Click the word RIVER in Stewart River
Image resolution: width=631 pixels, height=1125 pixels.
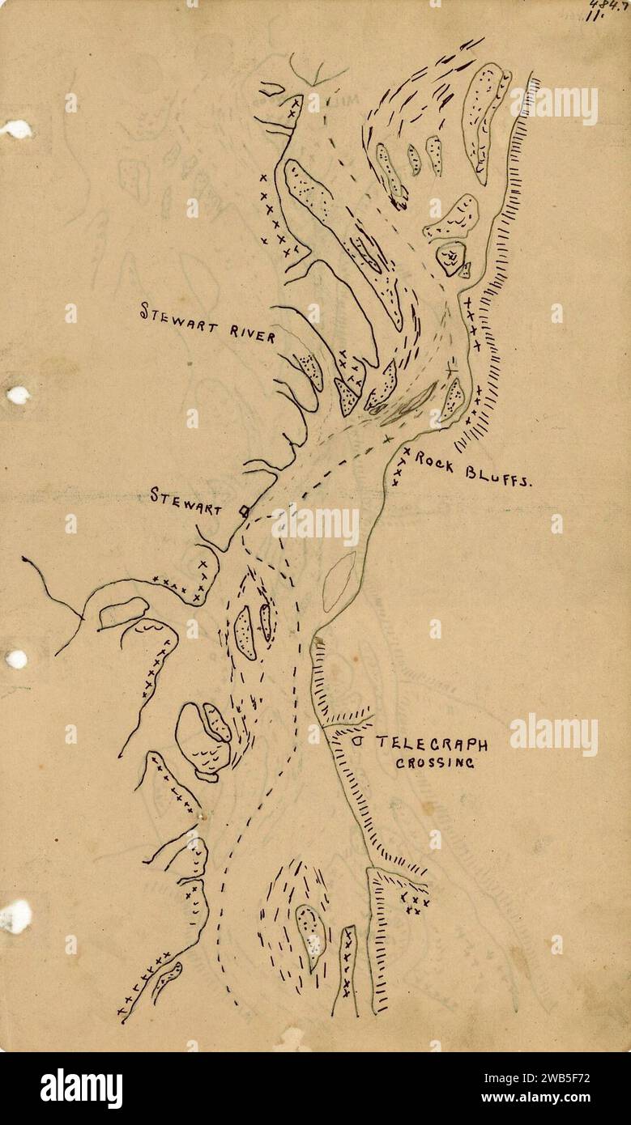(x=249, y=333)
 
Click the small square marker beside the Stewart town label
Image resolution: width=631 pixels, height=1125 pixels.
(x=242, y=510)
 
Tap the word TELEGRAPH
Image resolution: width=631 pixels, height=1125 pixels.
(x=432, y=744)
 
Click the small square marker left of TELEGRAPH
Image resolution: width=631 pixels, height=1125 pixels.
(x=357, y=740)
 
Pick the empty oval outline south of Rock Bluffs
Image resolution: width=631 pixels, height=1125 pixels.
(x=339, y=581)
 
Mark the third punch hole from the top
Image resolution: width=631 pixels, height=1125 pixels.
(x=16, y=659)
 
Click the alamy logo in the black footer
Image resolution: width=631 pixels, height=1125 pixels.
(x=81, y=1089)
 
